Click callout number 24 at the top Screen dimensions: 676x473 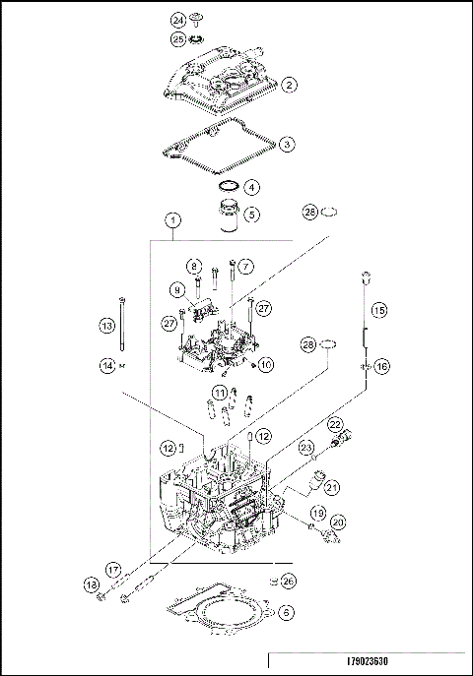[x=178, y=20]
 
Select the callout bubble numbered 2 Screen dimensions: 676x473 [x=289, y=86]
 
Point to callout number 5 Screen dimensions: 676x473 [x=252, y=186]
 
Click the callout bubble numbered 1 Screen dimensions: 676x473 [x=252, y=214]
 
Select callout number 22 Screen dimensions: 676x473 [x=335, y=424]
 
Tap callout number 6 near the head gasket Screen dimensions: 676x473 [x=286, y=612]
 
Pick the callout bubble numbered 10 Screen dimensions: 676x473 [x=266, y=365]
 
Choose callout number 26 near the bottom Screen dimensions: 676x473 [x=287, y=581]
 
